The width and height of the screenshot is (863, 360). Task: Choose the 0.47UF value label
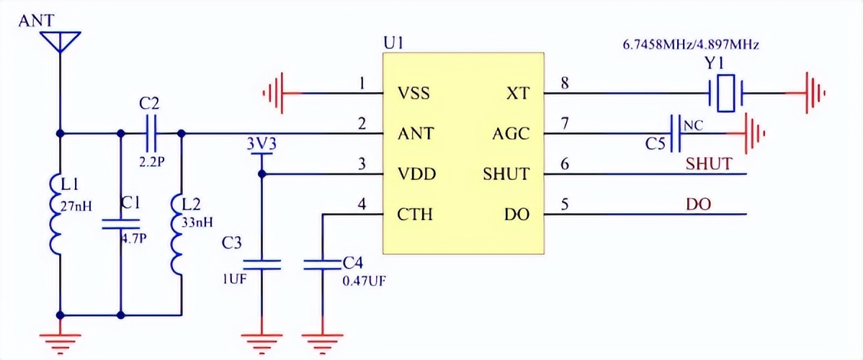click(x=365, y=281)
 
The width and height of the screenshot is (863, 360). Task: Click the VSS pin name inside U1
click(x=414, y=93)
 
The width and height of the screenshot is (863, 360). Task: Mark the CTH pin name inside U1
click(x=415, y=214)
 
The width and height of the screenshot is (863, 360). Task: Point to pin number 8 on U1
click(x=564, y=84)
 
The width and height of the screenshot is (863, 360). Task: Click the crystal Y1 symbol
click(x=725, y=93)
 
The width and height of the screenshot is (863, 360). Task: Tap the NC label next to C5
click(x=693, y=125)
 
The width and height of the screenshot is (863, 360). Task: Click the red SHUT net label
click(x=709, y=164)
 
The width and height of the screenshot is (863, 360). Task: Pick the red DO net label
click(x=699, y=204)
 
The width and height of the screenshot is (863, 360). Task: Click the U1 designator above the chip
click(x=393, y=43)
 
